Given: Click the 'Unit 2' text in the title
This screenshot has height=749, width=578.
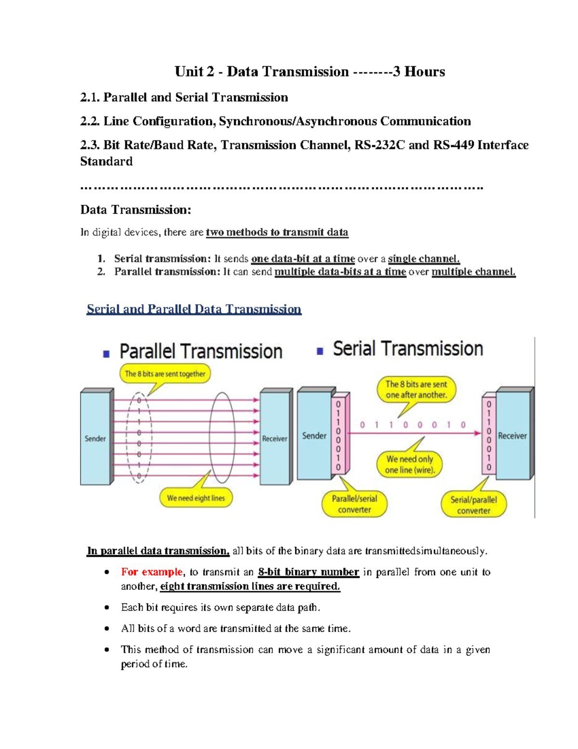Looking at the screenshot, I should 194,72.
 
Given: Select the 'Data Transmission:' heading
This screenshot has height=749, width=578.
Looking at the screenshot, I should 136,210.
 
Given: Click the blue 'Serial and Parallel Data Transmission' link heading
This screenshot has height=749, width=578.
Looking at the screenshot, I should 194,309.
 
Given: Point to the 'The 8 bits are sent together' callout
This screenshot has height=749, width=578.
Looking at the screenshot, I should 165,374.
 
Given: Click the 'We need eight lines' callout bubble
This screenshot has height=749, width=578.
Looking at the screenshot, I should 196,498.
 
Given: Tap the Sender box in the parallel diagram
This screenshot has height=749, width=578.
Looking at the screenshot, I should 95,438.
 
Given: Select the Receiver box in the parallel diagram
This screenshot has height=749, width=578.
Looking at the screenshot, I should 274,438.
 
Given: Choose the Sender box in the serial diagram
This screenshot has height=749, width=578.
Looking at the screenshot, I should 314,436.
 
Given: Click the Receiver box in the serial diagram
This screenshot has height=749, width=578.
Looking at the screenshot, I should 512,436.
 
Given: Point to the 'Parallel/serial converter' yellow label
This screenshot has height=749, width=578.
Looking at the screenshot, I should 355,504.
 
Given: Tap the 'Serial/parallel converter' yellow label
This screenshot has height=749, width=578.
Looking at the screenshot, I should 473,504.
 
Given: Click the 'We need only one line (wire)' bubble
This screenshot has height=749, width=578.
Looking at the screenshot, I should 409,464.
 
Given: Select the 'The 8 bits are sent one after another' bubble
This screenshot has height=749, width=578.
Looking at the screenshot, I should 416,390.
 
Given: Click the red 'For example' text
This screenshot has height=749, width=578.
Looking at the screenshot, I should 152,572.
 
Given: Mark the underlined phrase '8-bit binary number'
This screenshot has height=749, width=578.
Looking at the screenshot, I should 308,572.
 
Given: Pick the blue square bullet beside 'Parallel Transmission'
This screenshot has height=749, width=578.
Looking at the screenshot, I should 106,354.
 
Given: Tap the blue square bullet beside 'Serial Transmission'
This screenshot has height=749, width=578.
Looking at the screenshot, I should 320,351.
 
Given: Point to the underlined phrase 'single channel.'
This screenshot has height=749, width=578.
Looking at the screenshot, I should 424,259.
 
